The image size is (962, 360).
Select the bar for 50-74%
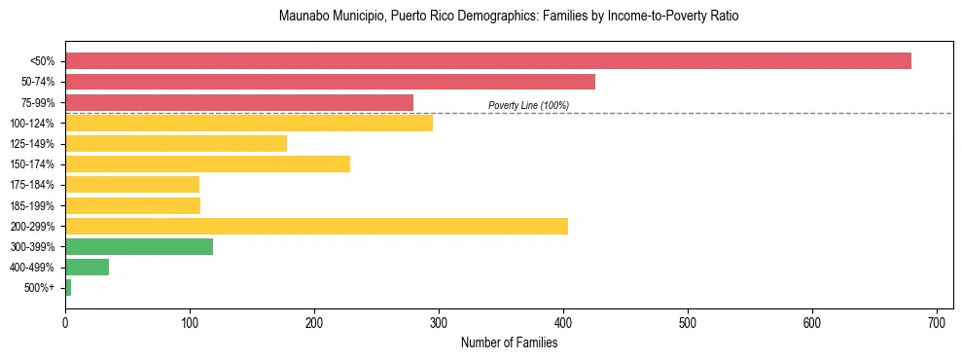coord(330,82)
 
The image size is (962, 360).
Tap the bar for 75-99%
coord(239,102)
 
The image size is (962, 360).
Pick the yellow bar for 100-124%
coord(249,123)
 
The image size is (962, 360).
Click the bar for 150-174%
coord(207,164)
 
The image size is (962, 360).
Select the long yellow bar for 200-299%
coord(316,227)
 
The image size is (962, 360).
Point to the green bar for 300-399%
coord(139,247)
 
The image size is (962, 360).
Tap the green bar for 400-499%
coord(87,268)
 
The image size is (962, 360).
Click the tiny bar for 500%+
coord(68,288)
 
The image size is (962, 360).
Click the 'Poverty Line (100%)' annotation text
coord(528,105)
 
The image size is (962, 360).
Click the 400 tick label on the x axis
coord(563,322)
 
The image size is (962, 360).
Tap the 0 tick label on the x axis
coord(65,322)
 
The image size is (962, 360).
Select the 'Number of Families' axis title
coord(509,342)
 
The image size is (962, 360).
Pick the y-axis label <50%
coord(42,61)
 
